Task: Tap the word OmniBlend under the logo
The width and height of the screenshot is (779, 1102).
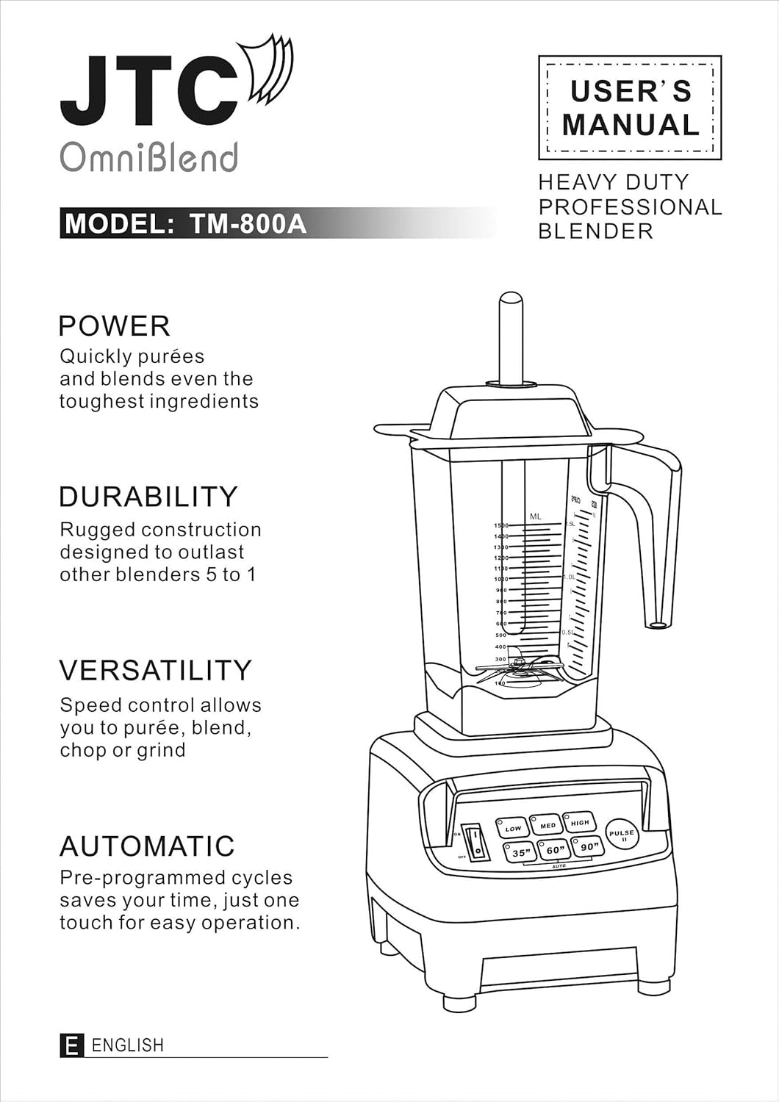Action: pyautogui.click(x=148, y=157)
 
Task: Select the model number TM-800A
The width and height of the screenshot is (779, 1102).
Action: pyautogui.click(x=248, y=223)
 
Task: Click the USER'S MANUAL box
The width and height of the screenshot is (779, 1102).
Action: pyautogui.click(x=630, y=108)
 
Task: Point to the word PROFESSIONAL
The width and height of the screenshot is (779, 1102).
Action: pyautogui.click(x=630, y=207)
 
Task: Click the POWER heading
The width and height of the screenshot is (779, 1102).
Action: pyautogui.click(x=114, y=325)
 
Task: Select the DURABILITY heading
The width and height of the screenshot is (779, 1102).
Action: pyautogui.click(x=148, y=497)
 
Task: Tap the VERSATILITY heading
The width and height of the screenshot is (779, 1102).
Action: pyautogui.click(x=155, y=670)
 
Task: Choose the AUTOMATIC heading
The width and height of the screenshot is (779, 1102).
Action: pyautogui.click(x=147, y=846)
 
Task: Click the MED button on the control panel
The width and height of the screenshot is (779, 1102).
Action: pyautogui.click(x=548, y=825)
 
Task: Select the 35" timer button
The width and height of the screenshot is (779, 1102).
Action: pyautogui.click(x=520, y=852)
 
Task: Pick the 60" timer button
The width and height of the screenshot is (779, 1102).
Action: pyautogui.click(x=555, y=850)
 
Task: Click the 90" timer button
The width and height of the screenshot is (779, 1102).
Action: pyautogui.click(x=588, y=846)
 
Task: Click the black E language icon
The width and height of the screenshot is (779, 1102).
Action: pyautogui.click(x=71, y=1045)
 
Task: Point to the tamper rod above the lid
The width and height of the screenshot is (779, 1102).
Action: pyautogui.click(x=511, y=338)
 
